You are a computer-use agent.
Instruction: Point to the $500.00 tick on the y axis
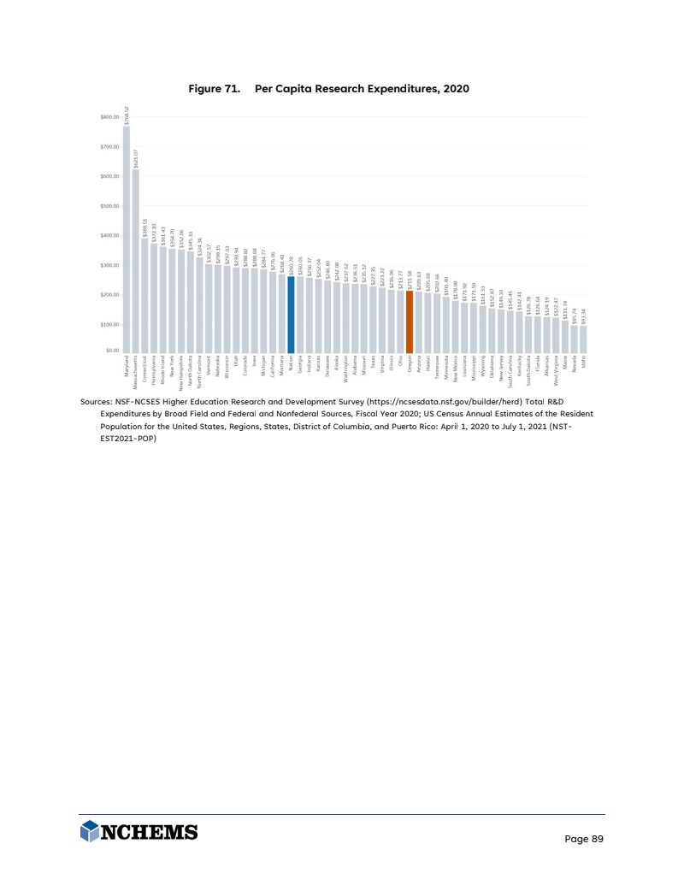tap(110, 205)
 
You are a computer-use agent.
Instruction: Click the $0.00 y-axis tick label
tap(112, 351)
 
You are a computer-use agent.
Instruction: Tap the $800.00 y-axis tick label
tap(110, 117)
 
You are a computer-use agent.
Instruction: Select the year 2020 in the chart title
tap(456, 89)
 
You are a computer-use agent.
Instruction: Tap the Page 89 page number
tap(585, 839)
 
